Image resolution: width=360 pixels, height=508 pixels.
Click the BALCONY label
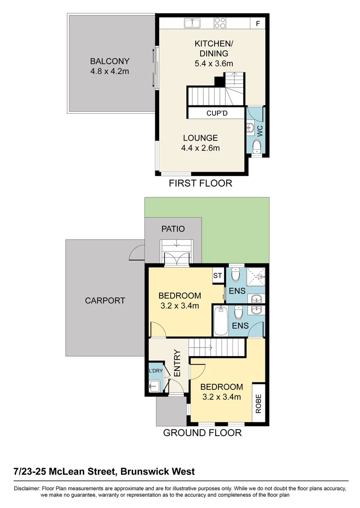click(110, 61)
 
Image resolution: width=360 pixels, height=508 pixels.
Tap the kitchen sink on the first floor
click(192, 22)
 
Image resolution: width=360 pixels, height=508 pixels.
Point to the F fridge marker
click(257, 23)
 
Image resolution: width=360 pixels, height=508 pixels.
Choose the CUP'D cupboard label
click(217, 113)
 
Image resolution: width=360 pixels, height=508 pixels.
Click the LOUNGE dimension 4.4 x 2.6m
click(200, 148)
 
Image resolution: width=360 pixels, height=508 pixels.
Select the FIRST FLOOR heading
click(200, 183)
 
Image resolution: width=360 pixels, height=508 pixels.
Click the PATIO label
click(173, 229)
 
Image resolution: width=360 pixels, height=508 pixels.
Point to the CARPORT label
click(105, 301)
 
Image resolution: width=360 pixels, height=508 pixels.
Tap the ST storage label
click(217, 276)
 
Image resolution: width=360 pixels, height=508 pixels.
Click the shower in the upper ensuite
click(256, 276)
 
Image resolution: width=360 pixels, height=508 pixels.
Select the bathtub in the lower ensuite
click(220, 321)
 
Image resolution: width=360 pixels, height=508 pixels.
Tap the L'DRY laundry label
click(155, 372)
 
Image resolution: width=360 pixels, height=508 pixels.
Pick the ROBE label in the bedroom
click(258, 404)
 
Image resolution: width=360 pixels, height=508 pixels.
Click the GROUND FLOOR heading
click(202, 433)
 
